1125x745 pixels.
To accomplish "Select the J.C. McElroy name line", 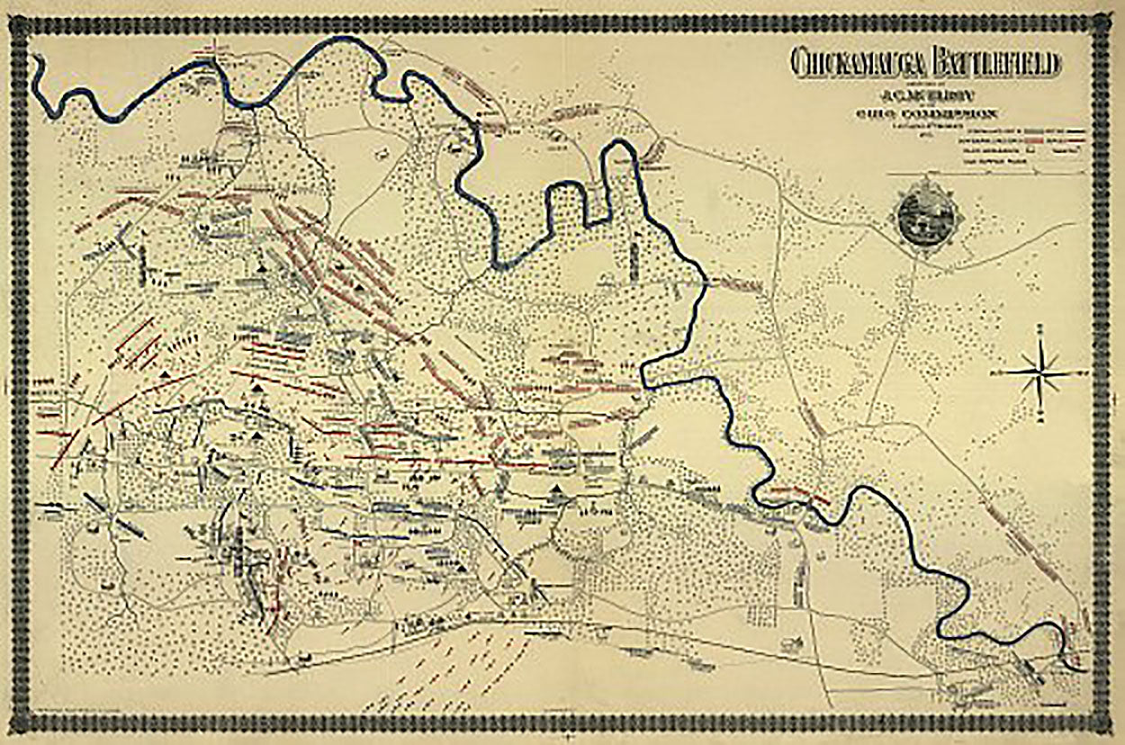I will (927, 98).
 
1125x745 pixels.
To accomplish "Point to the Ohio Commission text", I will (927, 114).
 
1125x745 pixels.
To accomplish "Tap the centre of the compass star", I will (1041, 371).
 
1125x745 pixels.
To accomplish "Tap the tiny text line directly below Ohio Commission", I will (927, 126).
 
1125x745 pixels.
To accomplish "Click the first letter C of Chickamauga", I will (798, 64).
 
